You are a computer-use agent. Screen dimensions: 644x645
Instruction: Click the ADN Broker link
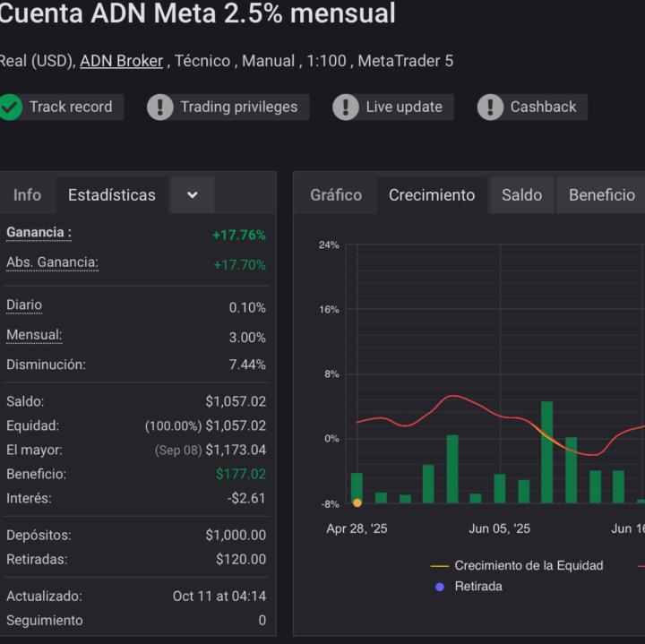pos(121,61)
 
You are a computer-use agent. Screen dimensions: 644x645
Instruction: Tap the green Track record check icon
pos(11,107)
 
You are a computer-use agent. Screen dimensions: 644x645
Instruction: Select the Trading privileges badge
pos(228,107)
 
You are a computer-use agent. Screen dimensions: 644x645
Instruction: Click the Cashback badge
pos(532,107)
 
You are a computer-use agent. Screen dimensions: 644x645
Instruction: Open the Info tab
pos(27,194)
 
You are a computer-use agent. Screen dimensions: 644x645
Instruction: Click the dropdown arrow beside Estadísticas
pos(193,195)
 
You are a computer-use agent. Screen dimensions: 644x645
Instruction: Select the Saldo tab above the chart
pos(521,194)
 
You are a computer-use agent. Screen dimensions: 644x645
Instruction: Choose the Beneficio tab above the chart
pos(601,194)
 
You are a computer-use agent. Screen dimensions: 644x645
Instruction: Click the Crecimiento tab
pos(432,194)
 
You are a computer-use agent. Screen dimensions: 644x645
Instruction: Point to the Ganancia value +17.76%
pos(238,235)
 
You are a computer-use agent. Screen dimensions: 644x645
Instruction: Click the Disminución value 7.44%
pos(247,365)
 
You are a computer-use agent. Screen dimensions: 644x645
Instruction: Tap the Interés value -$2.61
pos(246,498)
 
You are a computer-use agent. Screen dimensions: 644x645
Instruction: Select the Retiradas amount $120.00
pos(240,560)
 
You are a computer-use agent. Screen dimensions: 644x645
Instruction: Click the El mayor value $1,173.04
pos(236,450)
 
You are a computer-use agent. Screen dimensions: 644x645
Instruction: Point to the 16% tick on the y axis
pos(329,310)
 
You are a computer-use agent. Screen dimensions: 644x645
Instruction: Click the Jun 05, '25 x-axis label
pos(499,529)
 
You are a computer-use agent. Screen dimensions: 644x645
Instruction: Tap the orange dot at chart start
pos(357,503)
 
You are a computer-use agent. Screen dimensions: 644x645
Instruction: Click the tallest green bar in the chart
pos(546,451)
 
